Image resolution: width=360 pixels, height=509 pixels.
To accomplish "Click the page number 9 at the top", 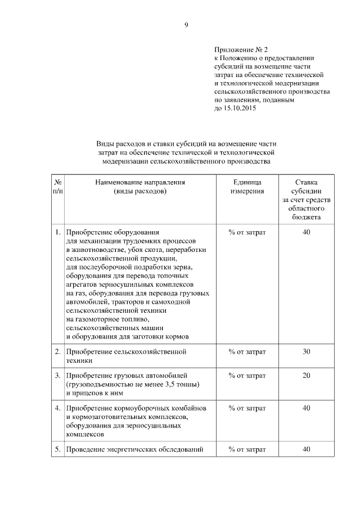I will (186, 24).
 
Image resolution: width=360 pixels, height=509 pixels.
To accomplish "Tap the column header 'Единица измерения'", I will (247, 187).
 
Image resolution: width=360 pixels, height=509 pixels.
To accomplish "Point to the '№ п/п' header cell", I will (58, 187).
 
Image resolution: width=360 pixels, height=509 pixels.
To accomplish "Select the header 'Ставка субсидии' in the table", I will (306, 187).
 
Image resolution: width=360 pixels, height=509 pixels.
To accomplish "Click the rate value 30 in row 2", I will (306, 352).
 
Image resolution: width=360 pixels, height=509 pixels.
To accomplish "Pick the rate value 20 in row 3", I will (306, 375).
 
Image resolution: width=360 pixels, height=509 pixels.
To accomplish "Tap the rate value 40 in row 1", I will (306, 231).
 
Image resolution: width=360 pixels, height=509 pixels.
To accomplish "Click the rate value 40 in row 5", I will (306, 449).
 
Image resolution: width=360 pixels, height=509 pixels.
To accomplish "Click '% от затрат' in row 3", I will (247, 375).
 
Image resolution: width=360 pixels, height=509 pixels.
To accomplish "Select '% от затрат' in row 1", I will (247, 231).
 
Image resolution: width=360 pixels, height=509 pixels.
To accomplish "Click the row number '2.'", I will (57, 352).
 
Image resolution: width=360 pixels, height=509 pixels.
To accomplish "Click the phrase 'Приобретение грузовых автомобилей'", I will (127, 375).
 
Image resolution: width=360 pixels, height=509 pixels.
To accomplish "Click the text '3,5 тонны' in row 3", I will (183, 384).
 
